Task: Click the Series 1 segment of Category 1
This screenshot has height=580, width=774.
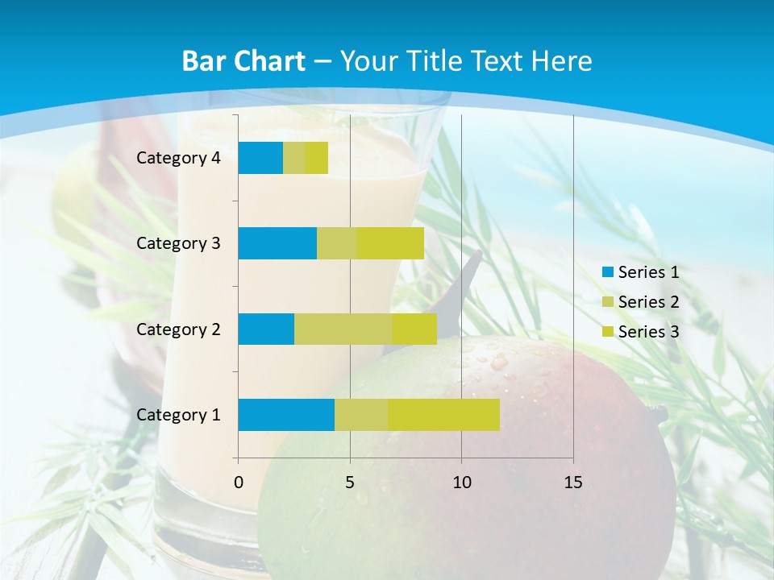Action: pos(286,415)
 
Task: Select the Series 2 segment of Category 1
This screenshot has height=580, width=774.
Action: pos(361,415)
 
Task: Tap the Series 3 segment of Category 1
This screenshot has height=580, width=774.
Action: pos(443,415)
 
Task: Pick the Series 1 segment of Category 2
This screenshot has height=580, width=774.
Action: pos(266,329)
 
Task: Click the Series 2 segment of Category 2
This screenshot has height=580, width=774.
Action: pos(343,329)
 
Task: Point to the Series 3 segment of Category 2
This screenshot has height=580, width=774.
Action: pos(414,329)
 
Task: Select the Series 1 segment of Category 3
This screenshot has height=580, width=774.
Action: pos(277,243)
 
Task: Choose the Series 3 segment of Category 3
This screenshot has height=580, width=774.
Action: pos(390,243)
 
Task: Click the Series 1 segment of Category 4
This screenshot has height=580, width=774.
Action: pos(260,158)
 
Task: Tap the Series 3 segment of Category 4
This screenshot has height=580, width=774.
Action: pos(317,158)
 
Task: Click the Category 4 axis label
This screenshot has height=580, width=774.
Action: pos(178,158)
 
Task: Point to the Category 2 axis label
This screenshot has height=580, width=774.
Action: pos(178,329)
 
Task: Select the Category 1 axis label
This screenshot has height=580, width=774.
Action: pos(178,415)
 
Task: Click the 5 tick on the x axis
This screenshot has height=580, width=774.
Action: pos(350,483)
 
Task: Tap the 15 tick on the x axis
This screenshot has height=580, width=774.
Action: pos(573,483)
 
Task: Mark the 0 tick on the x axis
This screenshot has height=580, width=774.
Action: pos(239,483)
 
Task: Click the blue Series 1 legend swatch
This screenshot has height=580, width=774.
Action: pos(607,272)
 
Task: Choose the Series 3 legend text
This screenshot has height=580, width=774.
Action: pos(648,332)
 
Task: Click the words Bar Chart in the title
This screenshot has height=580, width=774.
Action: pos(243,61)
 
